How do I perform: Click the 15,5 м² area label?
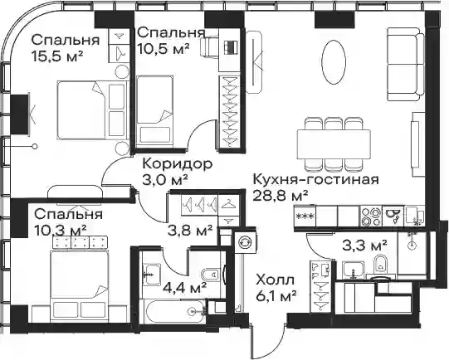[57, 56]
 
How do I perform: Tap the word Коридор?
[178, 164]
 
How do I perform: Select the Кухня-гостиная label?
[316, 180]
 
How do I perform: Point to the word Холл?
[276, 280]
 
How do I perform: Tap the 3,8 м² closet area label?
[190, 231]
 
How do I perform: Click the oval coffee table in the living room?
[334, 62]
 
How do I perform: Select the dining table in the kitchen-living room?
[334, 144]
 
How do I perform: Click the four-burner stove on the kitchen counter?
[371, 216]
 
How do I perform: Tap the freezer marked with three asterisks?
[305, 216]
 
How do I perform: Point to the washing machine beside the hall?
[245, 242]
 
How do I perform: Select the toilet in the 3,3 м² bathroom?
[381, 263]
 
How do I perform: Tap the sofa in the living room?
[406, 64]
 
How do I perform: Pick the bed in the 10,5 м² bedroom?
[155, 109]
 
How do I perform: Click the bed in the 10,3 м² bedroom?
[80, 284]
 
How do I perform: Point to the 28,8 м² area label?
[281, 197]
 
